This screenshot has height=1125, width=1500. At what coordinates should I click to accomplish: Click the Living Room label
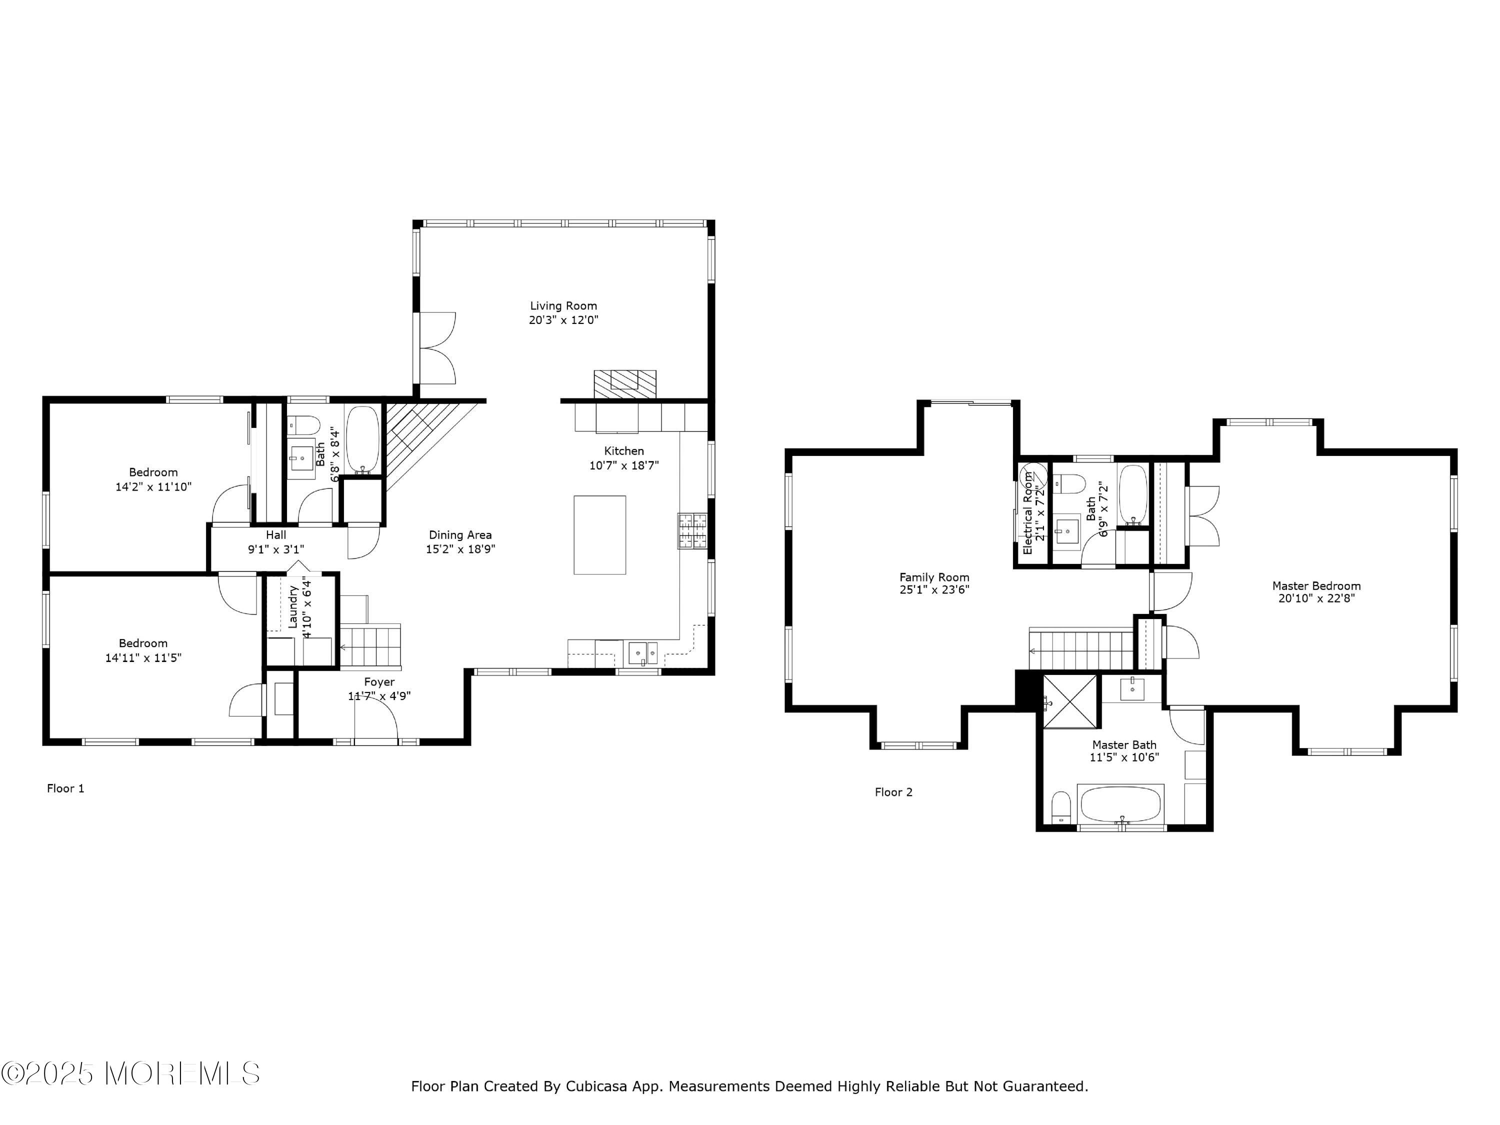[x=563, y=306]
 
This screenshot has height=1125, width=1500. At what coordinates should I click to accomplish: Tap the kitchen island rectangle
[x=599, y=535]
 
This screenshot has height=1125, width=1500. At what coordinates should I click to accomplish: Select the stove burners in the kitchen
[x=691, y=531]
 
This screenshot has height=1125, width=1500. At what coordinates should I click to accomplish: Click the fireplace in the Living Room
[x=624, y=384]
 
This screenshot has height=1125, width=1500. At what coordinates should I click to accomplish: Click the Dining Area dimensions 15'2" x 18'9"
[x=460, y=549]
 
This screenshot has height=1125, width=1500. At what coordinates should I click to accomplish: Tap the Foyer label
[x=379, y=682]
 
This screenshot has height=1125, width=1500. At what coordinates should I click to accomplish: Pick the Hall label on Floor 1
[x=276, y=535]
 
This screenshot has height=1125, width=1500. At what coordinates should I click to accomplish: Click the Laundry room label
[x=293, y=607]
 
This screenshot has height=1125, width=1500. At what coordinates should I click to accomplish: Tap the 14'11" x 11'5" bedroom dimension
[x=143, y=658]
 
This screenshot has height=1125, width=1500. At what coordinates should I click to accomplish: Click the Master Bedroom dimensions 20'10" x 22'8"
[x=1316, y=598]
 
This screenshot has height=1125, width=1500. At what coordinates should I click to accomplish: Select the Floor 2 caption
[x=894, y=792]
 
